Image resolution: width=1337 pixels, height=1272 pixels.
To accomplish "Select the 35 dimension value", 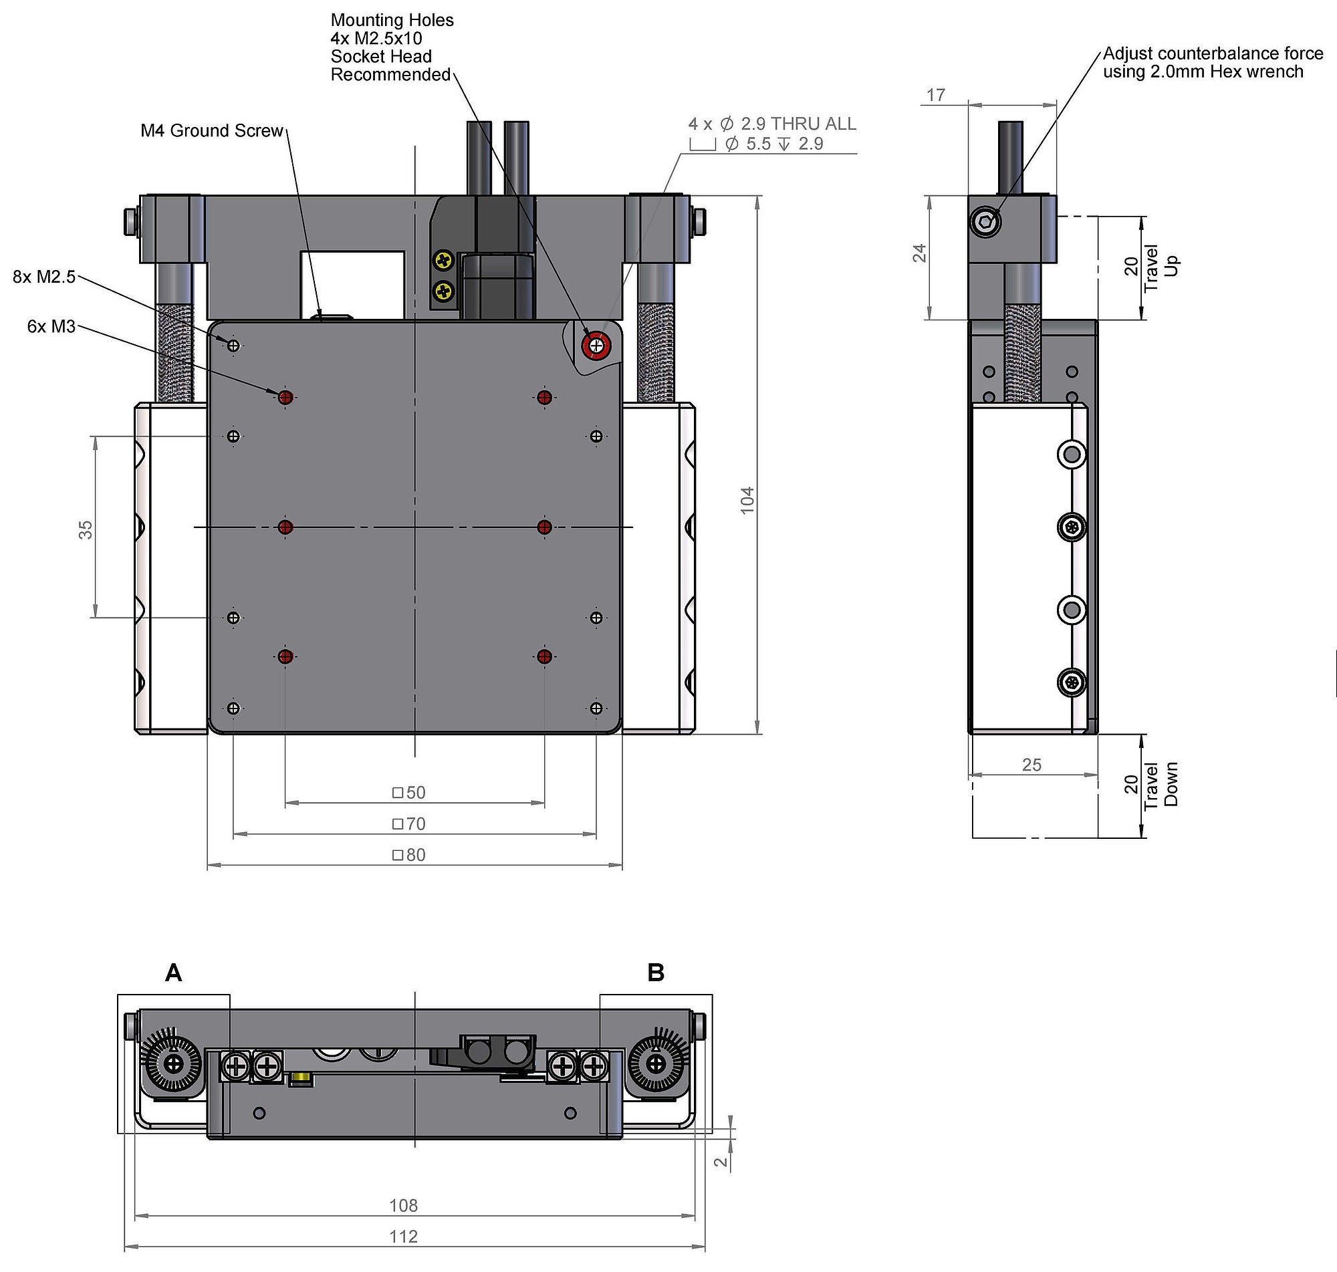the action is point(86,529).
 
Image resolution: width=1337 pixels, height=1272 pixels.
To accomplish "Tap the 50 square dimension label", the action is point(409,792).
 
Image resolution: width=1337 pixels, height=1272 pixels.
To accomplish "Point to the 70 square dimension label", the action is point(409,823).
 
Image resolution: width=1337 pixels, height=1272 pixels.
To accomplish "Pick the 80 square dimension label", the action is point(409,854).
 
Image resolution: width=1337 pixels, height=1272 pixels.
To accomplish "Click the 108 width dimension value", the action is point(403,1205).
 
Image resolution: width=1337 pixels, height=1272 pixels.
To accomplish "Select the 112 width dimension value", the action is point(403,1236).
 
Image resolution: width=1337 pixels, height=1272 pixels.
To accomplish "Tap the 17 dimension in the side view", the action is point(936,95).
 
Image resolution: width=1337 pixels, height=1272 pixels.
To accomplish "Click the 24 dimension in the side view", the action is point(919,253).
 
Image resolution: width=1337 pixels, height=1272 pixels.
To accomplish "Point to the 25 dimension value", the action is point(1031,765).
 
